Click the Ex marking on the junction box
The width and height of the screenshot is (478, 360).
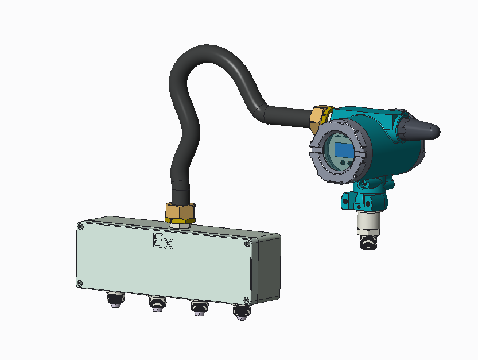point(162,242)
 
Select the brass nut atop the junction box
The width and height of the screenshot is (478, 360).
point(180,214)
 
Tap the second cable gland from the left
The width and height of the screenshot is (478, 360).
point(156,304)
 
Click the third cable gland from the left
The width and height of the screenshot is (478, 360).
point(198,308)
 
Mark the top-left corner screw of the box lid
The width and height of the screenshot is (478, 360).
point(81,227)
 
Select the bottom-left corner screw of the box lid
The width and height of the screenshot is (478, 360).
point(80,282)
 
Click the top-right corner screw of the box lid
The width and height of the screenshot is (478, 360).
point(247,244)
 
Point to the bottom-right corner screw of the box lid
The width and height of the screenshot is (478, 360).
point(246,299)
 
